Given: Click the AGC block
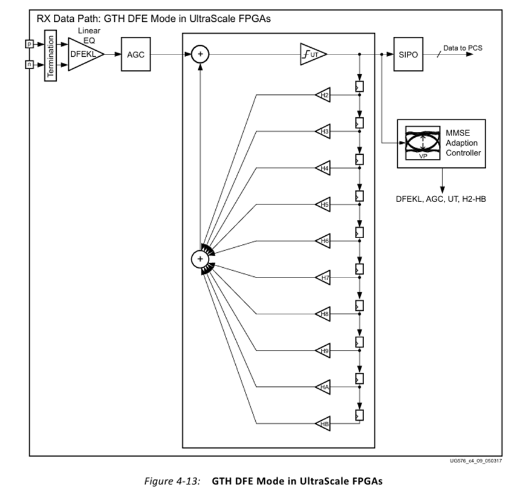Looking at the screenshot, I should (135, 54).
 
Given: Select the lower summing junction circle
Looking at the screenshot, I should (200, 259).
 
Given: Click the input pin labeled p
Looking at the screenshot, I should (27, 44).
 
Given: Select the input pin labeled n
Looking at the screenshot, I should (27, 63).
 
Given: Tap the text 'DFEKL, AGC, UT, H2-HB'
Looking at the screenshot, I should (440, 198).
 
